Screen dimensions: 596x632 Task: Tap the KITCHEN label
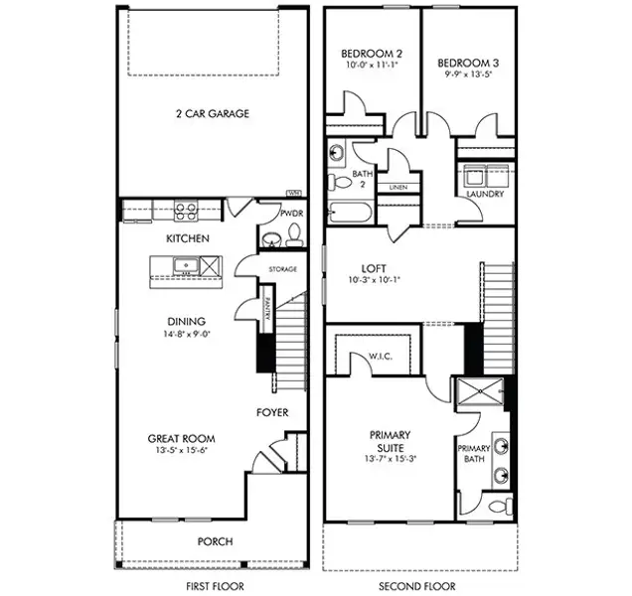[187, 238]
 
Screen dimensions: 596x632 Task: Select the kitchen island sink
[184, 265]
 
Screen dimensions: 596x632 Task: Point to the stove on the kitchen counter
[185, 210]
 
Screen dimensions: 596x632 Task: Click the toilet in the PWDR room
[294, 235]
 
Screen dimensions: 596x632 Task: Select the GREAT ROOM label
[182, 438]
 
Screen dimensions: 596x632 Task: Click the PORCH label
[215, 541]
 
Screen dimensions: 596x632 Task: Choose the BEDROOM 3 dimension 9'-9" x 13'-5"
[469, 74]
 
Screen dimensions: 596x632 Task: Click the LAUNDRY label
[485, 194]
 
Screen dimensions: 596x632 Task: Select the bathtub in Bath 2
[350, 214]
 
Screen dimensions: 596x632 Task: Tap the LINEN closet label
[398, 187]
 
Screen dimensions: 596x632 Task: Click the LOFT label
[374, 268]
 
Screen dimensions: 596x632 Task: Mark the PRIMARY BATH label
[474, 454]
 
